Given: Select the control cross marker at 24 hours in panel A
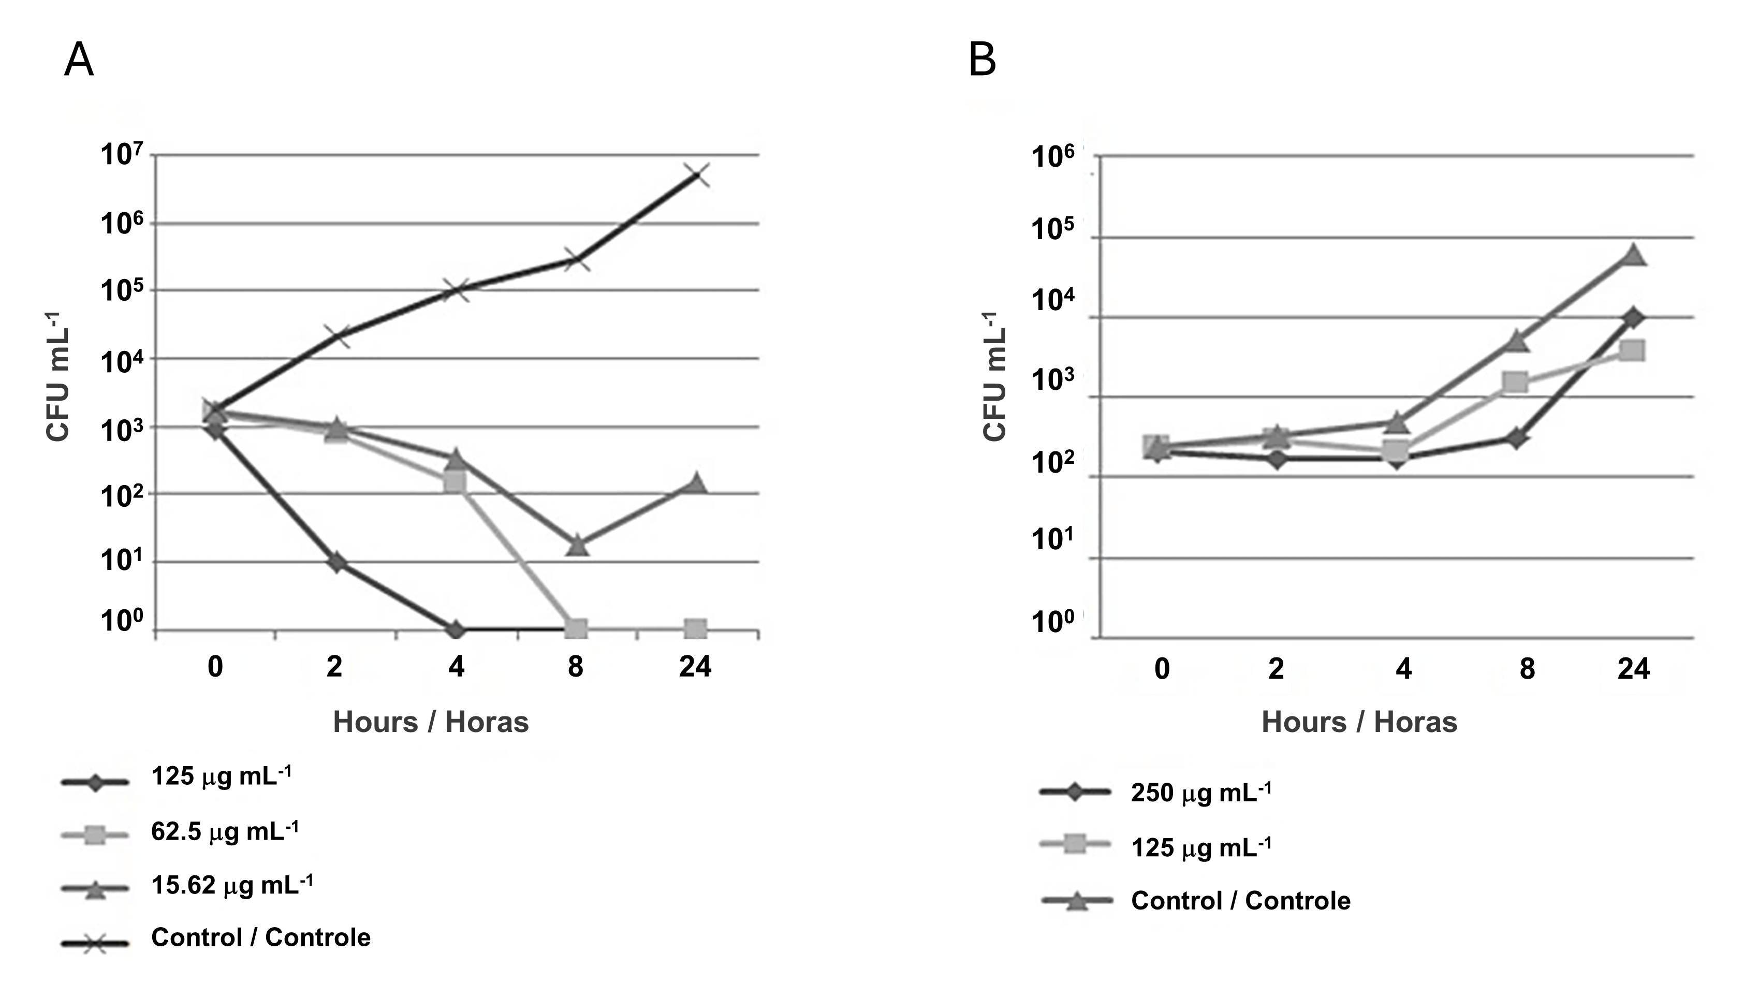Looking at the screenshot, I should pyautogui.click(x=697, y=175).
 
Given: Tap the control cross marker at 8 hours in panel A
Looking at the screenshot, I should pyautogui.click(x=576, y=259).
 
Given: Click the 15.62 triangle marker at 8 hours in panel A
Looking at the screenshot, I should pyautogui.click(x=577, y=545).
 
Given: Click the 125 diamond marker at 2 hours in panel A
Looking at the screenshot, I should pyautogui.click(x=336, y=562).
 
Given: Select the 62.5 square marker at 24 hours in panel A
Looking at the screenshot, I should pyautogui.click(x=696, y=628).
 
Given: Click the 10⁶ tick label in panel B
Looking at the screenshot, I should pyautogui.click(x=1053, y=157).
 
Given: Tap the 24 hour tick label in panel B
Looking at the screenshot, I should pyautogui.click(x=1634, y=669).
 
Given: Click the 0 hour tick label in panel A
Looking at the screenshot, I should pyautogui.click(x=215, y=667).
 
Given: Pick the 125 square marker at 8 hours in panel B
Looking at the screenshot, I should pyautogui.click(x=1516, y=382).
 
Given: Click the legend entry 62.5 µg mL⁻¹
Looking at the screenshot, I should pyautogui.click(x=224, y=831).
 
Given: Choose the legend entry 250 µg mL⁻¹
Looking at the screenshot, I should pyautogui.click(x=1200, y=793).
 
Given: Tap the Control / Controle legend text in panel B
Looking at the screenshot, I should pyautogui.click(x=1240, y=901).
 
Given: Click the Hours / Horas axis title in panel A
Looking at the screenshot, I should pyautogui.click(x=431, y=722).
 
